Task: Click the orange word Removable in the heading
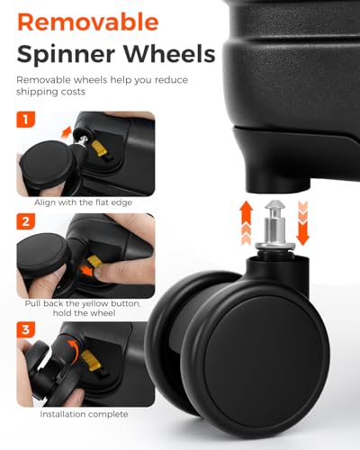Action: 88,22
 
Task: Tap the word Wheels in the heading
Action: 168,53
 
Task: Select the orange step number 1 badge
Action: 25,120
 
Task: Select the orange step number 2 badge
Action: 25,221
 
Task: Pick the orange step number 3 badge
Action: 25,329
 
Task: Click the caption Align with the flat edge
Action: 83,202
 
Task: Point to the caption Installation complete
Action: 84,414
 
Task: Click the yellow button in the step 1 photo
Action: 99,148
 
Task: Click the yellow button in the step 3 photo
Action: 89,360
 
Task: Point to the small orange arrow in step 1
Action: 66,132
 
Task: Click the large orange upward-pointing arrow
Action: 247,222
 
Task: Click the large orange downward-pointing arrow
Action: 302,223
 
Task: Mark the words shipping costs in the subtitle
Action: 50,92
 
